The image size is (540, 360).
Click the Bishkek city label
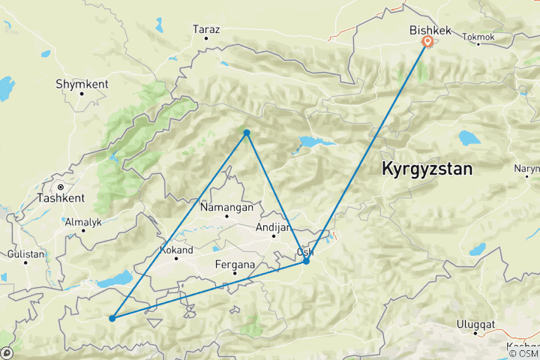click(429, 30)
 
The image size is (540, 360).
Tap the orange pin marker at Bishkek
click(427, 42)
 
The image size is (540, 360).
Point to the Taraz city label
click(206, 29)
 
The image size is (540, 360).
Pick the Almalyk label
click(84, 222)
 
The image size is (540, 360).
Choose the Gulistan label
click(26, 255)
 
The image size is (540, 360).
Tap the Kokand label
click(177, 250)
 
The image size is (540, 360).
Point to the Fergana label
click(235, 264)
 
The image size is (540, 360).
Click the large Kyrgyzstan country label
click(427, 169)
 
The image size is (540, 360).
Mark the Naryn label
click(526, 169)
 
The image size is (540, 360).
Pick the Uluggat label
click(475, 325)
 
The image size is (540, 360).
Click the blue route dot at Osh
click(306, 261)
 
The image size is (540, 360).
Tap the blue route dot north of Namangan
click(246, 133)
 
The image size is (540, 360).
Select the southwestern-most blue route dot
click(112, 318)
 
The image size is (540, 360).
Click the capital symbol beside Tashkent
click(61, 186)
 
